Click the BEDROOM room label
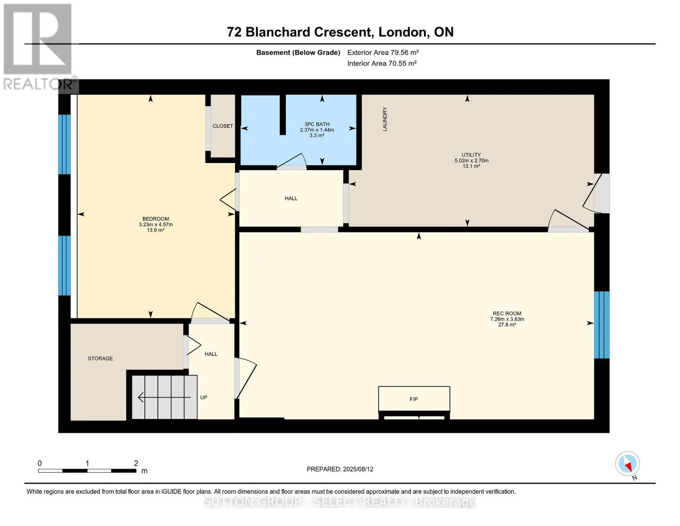(x=155, y=219)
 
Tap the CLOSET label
(x=222, y=126)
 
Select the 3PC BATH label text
(x=317, y=124)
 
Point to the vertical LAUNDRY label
(x=384, y=119)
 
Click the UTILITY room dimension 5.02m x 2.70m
(x=471, y=160)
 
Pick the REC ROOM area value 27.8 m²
(x=507, y=325)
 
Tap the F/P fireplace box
(x=414, y=398)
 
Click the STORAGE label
(x=100, y=359)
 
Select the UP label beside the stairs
(x=204, y=397)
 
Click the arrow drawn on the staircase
(x=164, y=397)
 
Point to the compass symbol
(x=627, y=464)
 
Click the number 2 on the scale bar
(x=136, y=463)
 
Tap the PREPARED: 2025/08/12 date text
(x=340, y=469)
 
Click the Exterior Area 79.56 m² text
(x=383, y=52)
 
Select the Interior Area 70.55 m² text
(x=382, y=63)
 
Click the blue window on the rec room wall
(x=602, y=325)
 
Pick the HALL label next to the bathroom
(x=291, y=198)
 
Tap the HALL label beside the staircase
(x=211, y=354)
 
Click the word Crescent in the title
(x=343, y=32)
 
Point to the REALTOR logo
(x=39, y=47)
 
